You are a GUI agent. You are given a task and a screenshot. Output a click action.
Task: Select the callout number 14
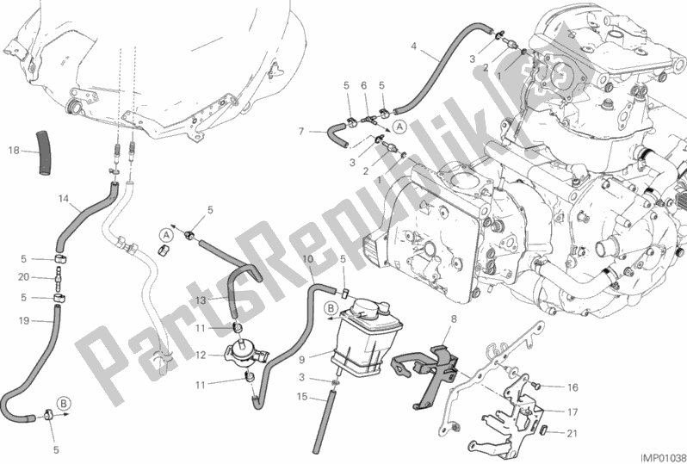65,199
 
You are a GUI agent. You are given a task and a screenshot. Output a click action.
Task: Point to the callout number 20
23,277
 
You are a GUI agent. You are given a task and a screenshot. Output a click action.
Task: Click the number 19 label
23,320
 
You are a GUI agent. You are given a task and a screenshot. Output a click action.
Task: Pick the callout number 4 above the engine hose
415,45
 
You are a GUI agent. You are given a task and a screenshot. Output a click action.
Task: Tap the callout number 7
301,132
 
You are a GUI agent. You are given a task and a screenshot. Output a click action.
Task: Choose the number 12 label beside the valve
200,354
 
